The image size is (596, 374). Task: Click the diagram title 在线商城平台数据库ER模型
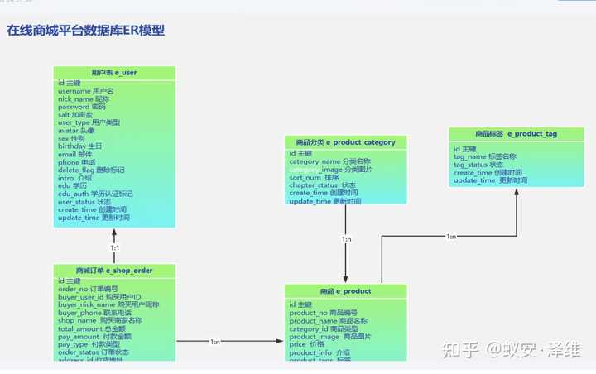86,31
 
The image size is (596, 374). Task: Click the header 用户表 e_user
114,73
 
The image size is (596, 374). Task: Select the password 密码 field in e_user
82,107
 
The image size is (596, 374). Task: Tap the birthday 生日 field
80,146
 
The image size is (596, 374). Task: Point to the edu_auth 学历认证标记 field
95,194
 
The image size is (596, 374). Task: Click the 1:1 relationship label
115,247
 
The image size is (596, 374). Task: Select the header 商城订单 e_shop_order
114,271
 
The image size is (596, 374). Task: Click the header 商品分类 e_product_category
345,142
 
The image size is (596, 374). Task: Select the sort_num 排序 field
314,177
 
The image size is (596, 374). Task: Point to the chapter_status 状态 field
322,185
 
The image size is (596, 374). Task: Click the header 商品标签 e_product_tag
516,134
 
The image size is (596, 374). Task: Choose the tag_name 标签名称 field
485,156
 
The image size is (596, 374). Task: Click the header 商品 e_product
345,291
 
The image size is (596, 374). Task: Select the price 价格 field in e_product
306,344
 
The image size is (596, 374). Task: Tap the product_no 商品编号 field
324,313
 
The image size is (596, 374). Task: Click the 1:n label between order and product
215,342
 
